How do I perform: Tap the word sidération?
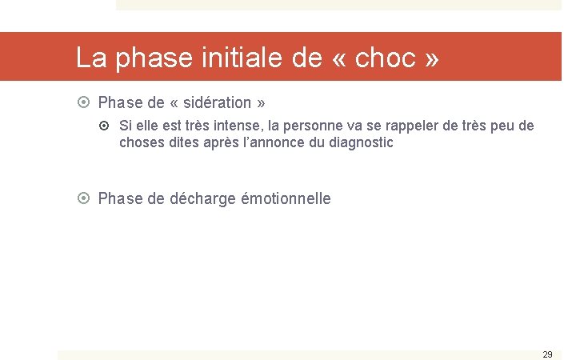pos(214,103)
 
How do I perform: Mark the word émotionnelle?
pos(285,198)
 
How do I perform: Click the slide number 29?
pos(547,354)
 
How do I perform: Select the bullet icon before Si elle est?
pos(108,126)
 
